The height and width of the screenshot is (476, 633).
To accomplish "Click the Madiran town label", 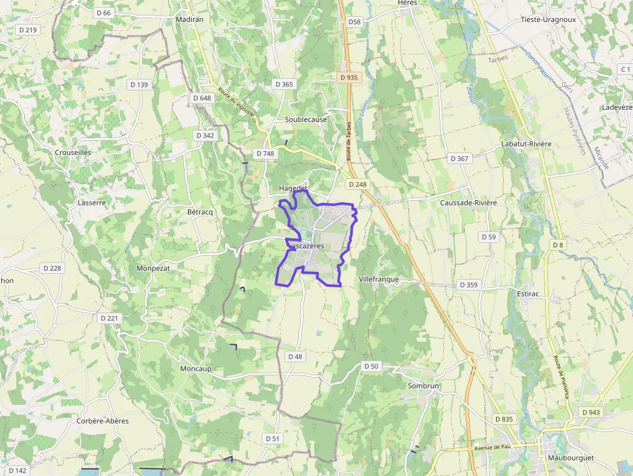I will click(x=189, y=20).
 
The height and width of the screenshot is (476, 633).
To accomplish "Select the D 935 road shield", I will click(x=348, y=78).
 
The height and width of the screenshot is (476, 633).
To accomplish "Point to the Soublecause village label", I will click(x=306, y=119).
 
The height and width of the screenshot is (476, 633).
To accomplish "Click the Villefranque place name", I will click(x=379, y=279).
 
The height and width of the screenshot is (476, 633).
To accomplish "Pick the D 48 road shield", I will click(x=295, y=357).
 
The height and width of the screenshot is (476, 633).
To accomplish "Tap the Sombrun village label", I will click(x=423, y=386).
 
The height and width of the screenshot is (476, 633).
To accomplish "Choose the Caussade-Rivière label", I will click(x=468, y=203).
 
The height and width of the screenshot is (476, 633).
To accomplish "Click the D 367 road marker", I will click(x=459, y=158).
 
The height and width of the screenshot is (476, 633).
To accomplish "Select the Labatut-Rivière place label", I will click(x=526, y=143).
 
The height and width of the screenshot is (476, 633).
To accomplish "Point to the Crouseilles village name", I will click(x=73, y=152).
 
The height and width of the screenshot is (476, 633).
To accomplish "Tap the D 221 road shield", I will click(x=110, y=318).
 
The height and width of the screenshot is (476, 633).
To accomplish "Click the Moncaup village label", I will click(x=196, y=369).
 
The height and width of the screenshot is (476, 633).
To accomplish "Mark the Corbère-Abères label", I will click(x=103, y=421).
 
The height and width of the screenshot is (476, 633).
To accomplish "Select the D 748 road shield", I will click(x=265, y=154).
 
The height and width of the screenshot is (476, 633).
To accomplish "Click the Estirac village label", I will click(x=528, y=294).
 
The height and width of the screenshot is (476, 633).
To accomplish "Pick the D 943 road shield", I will click(x=590, y=412).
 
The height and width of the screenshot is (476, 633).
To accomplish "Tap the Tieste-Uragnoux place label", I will click(x=548, y=19).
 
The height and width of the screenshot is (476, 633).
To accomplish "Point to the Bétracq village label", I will click(x=200, y=212).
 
